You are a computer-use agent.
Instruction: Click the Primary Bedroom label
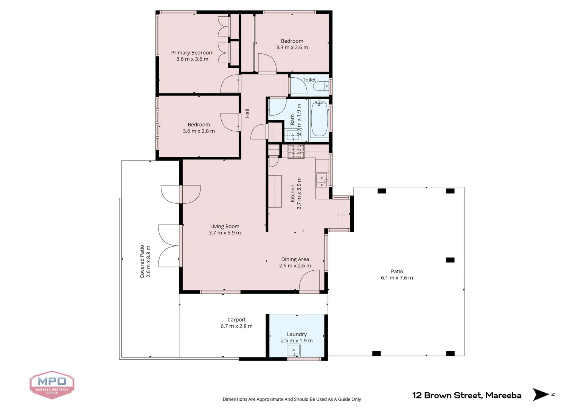(x=192, y=53)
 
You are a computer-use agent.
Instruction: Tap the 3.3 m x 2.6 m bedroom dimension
(x=292, y=48)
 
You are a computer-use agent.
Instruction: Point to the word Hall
(x=247, y=113)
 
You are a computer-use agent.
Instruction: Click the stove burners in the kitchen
(x=295, y=151)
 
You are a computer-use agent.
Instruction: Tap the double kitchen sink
(x=322, y=181)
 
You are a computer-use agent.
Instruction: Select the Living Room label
(x=225, y=226)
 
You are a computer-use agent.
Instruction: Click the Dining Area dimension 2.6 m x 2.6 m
(x=295, y=266)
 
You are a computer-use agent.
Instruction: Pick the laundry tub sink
(x=294, y=350)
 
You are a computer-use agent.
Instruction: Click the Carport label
(x=236, y=320)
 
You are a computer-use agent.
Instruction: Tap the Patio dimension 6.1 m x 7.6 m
(x=397, y=278)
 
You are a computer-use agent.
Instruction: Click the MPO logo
(x=52, y=384)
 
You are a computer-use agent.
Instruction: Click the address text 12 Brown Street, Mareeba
(x=466, y=395)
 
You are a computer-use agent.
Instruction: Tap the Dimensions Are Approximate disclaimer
(x=292, y=399)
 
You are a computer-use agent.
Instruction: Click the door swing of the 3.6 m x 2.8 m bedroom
(x=229, y=122)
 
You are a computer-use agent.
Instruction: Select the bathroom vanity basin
(x=292, y=135)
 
